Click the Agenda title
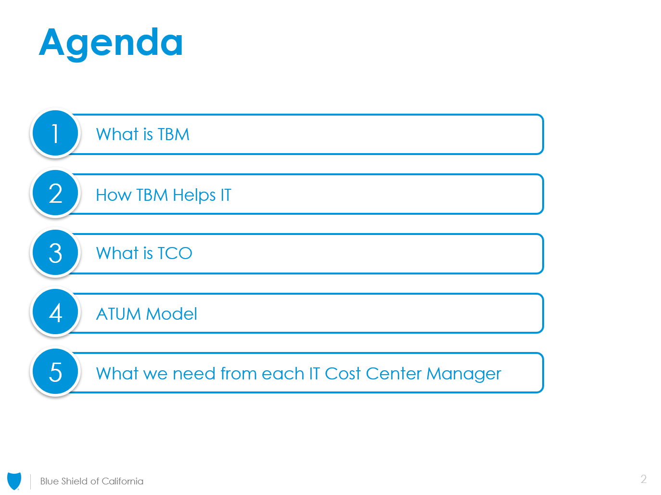point(111,44)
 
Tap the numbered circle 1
point(55,133)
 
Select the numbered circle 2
point(55,193)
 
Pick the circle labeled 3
point(55,252)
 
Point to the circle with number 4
point(55,312)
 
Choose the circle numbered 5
point(55,371)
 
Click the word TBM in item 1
point(174,134)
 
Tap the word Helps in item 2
point(194,195)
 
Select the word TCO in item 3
point(175,253)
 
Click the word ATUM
point(118,314)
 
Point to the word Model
point(171,314)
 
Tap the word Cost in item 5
point(343,374)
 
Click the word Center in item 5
point(394,374)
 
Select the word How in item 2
point(114,195)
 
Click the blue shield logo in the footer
point(14,481)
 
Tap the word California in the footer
point(122,481)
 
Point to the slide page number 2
point(644,479)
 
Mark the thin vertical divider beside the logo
point(31,482)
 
